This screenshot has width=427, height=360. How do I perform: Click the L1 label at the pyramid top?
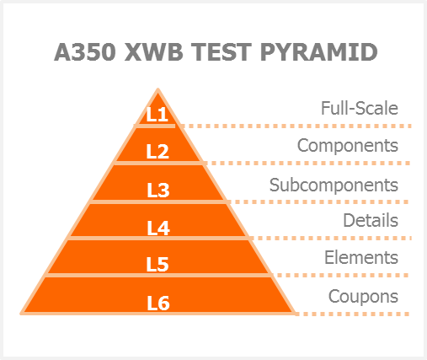tap(157, 115)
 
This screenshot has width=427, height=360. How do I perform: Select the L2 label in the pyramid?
tap(157, 152)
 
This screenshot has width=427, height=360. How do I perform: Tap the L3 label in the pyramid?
tap(158, 191)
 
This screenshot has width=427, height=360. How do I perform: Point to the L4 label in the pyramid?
tap(158, 228)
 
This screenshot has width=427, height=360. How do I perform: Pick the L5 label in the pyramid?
tap(157, 265)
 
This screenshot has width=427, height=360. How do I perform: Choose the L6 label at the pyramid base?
tap(158, 304)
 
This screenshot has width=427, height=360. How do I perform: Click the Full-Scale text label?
tap(360, 108)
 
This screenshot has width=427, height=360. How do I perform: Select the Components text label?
tap(348, 146)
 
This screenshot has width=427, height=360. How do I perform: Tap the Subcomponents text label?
tap(334, 185)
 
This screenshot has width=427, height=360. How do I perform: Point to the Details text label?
tap(371, 220)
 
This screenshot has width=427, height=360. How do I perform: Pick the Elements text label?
tap(361, 257)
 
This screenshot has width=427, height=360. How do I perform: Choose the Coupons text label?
tap(363, 297)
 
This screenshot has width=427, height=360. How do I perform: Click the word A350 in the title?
tap(85, 52)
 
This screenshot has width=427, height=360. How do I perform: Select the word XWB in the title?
tap(153, 52)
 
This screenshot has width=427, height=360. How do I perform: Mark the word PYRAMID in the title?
tap(318, 52)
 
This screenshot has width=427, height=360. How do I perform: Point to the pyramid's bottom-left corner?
tap(20, 314)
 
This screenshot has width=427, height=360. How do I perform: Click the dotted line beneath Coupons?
tap(352, 314)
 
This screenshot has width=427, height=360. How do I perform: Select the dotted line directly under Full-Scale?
tap(296, 126)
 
